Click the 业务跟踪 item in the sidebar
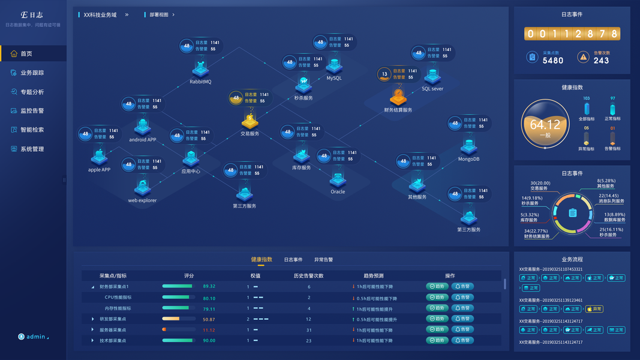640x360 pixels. (32, 73)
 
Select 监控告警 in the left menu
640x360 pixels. (32, 111)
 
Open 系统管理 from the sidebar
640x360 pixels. (32, 149)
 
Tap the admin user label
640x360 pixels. (35, 337)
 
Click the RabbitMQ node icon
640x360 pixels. (200, 68)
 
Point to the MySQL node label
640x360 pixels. (334, 78)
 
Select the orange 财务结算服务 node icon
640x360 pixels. (398, 96)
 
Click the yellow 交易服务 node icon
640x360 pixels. (250, 120)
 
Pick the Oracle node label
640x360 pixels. (338, 192)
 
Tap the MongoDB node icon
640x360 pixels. (468, 146)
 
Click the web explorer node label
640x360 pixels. (142, 201)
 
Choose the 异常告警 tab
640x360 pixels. (323, 260)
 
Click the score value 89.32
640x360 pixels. (209, 287)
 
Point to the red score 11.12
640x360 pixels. (209, 330)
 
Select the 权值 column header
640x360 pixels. (255, 276)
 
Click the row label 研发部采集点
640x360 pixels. (113, 319)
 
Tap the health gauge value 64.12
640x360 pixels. (545, 125)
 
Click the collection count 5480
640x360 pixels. (552, 61)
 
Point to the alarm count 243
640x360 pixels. (601, 61)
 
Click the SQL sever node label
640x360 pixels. (432, 89)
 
